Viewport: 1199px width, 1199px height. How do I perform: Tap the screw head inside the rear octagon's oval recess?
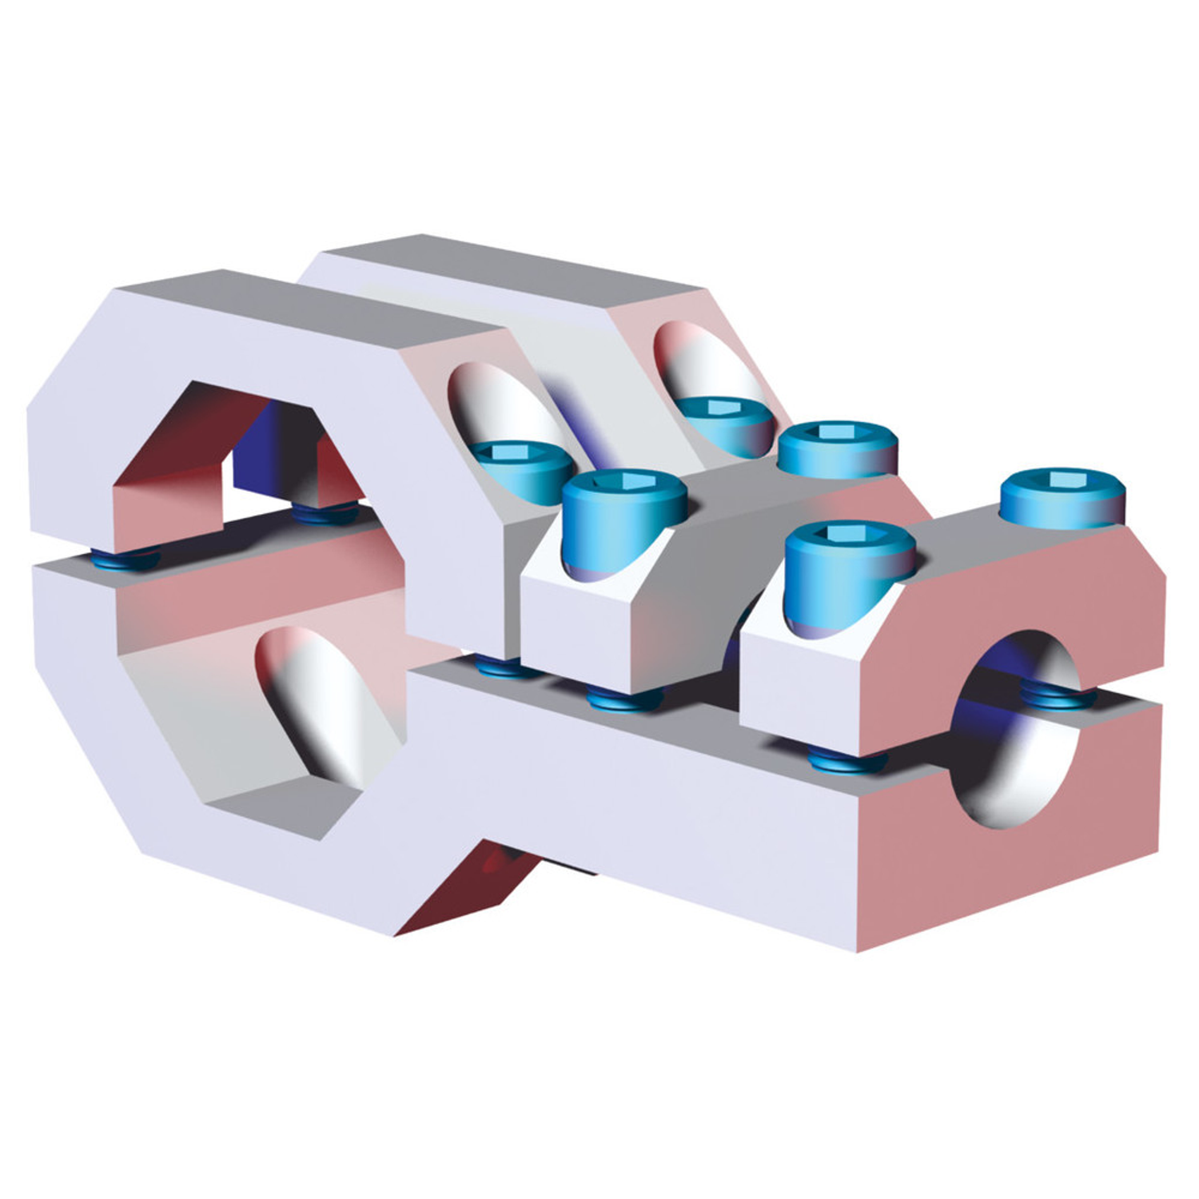click(723, 424)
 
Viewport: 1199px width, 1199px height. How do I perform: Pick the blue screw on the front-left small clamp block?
click(623, 520)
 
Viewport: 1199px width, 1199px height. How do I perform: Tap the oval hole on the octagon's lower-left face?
click(320, 703)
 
